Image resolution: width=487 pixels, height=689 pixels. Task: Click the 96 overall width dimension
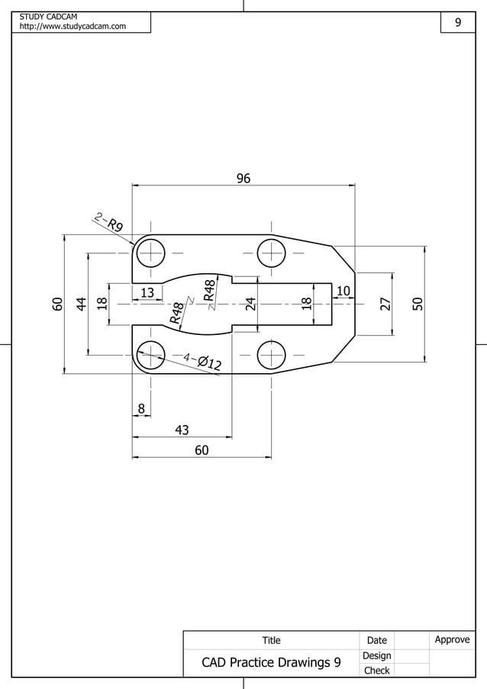243,179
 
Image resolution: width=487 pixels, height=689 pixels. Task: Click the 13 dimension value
147,292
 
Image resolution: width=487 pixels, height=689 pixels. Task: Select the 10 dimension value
343,291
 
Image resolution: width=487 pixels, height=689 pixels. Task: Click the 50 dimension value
418,303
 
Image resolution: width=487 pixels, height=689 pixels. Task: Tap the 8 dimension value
141,409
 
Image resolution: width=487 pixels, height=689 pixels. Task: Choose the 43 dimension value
182,430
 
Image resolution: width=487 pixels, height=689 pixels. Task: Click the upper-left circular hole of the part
151,252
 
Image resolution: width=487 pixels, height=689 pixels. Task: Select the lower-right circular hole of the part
271,355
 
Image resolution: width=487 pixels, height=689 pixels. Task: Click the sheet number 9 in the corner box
458,23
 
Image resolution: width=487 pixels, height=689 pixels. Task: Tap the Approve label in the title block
452,639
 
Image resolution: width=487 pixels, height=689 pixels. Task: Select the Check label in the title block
376,671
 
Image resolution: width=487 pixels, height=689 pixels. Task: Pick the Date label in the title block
376,640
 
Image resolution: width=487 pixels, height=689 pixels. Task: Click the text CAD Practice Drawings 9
271,662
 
